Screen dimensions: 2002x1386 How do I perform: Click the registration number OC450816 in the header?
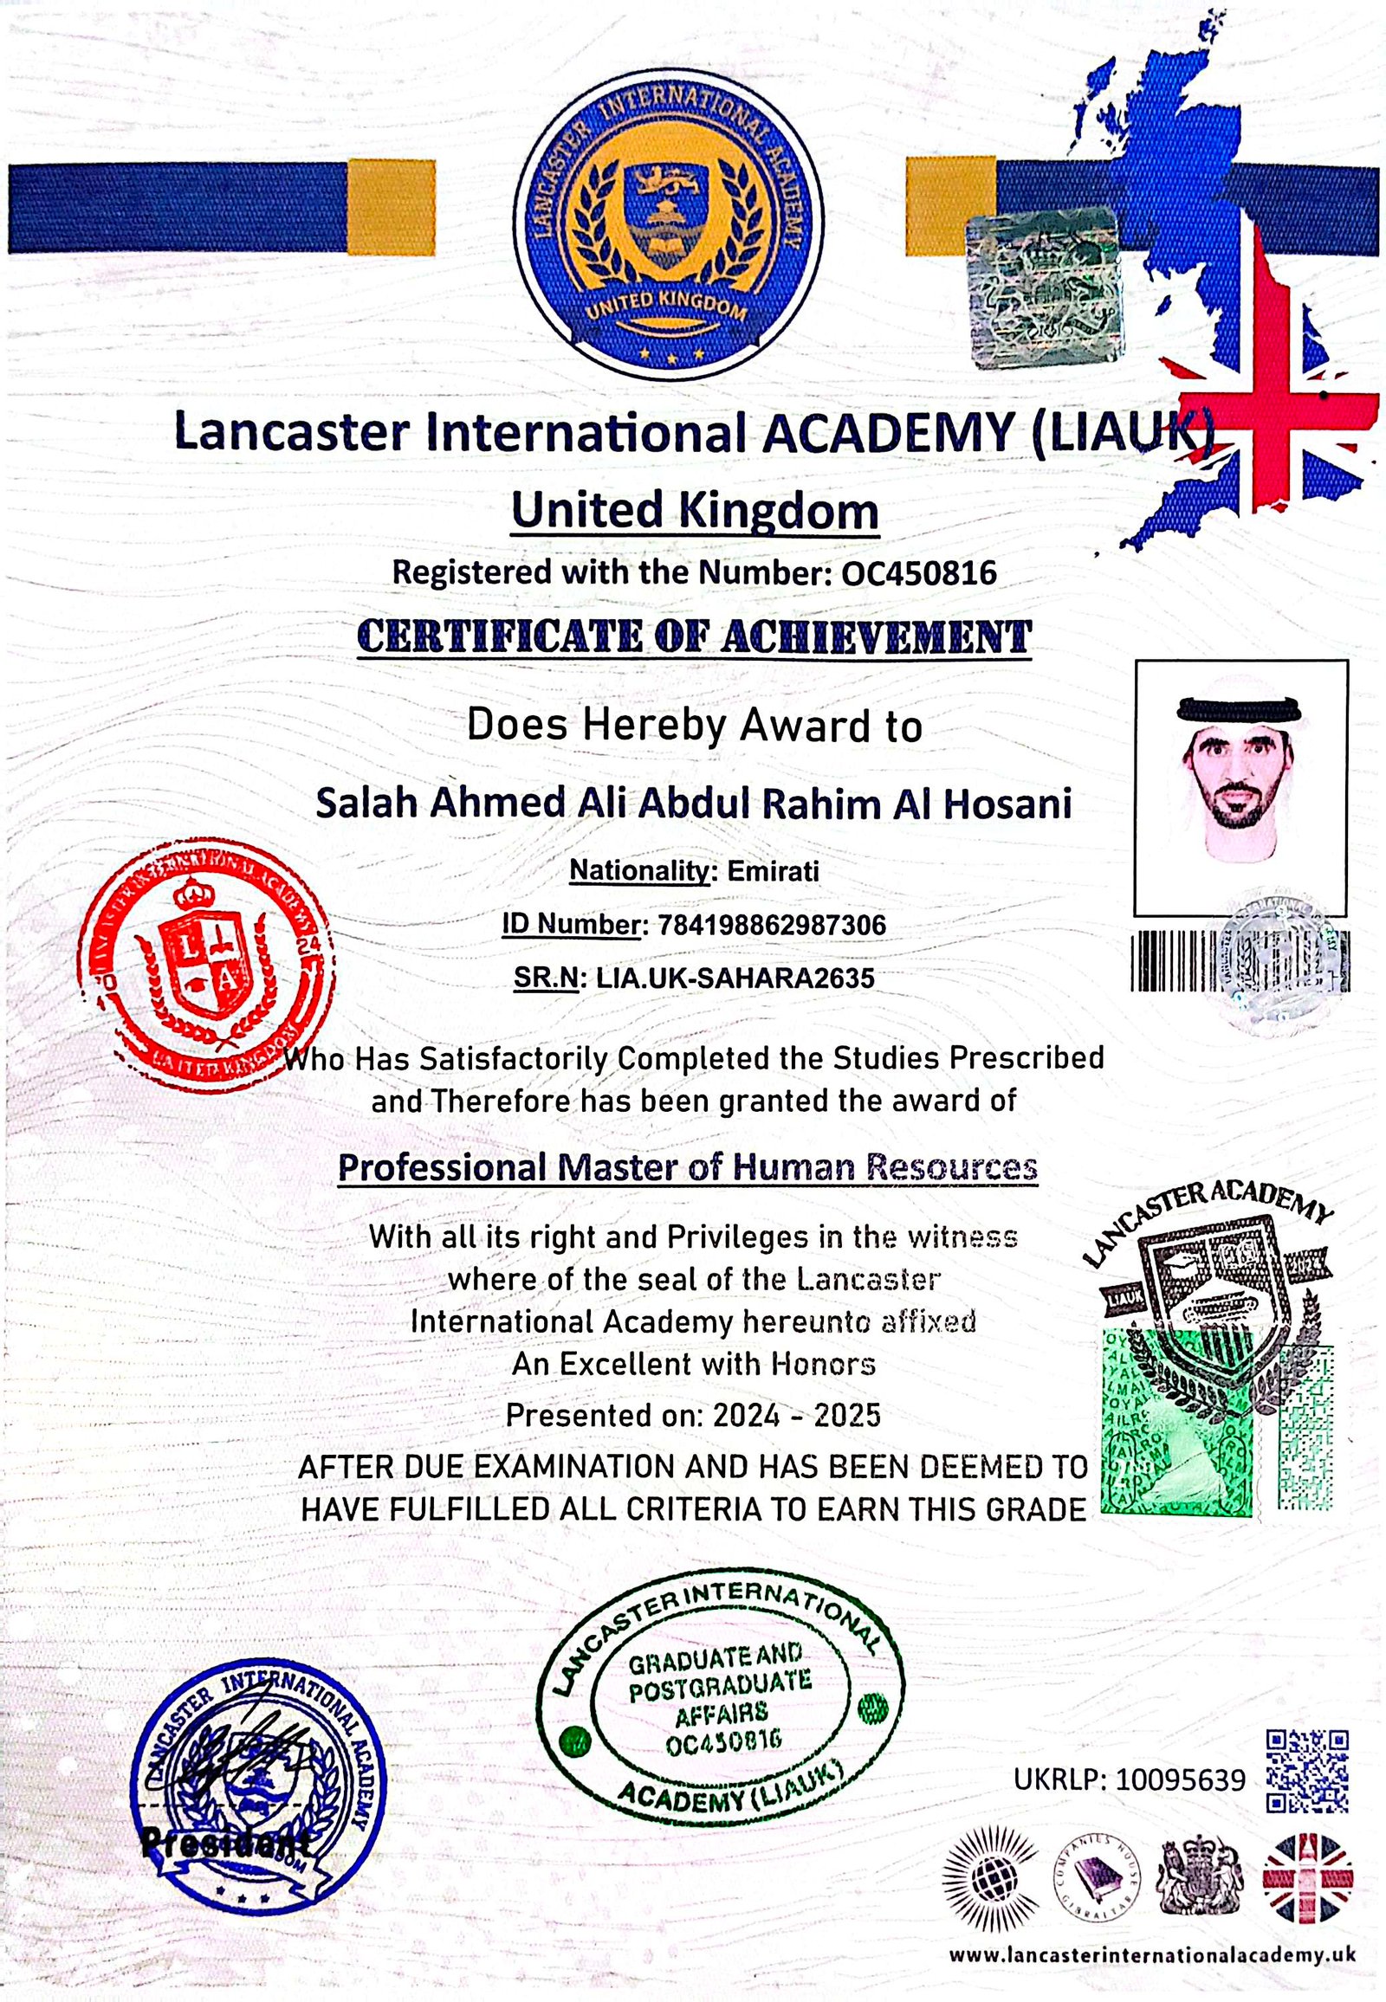coord(919,572)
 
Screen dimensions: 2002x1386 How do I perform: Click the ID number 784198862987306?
coord(772,925)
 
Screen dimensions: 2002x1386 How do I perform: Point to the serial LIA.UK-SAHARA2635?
coord(734,978)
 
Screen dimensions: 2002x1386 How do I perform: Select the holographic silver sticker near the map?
coord(1043,287)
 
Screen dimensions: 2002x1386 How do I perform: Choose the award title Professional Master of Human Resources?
coord(687,1166)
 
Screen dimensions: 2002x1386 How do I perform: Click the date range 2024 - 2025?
coord(796,1415)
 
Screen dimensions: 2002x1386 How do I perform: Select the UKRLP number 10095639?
coord(1179,1779)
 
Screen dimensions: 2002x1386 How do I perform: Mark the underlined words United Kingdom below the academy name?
coord(694,510)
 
